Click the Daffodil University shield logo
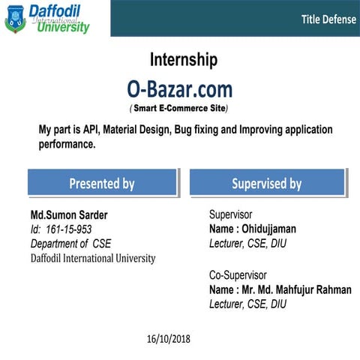[15, 18]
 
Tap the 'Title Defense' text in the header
[328, 19]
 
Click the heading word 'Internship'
[184, 60]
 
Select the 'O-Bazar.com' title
[179, 89]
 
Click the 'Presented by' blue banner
[102, 183]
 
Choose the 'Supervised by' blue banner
[266, 183]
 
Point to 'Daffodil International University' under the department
[93, 258]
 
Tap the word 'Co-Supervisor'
[238, 275]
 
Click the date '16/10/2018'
[169, 339]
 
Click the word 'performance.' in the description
[67, 144]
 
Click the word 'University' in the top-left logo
[63, 28]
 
